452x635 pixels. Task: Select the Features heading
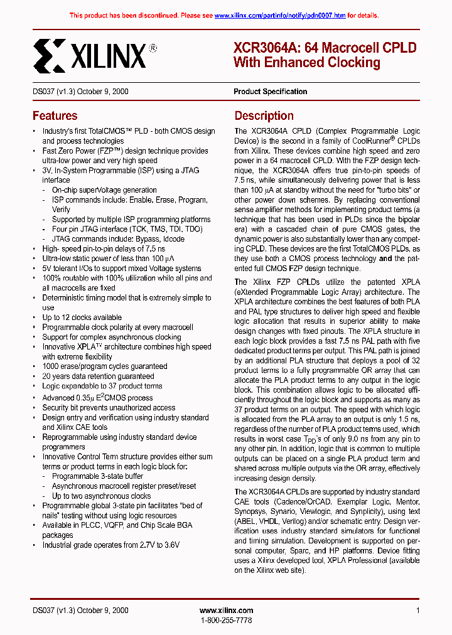55,116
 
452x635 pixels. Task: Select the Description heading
264,116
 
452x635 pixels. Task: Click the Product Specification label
270,92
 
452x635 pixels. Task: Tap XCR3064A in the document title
262,48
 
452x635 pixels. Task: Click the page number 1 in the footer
417,611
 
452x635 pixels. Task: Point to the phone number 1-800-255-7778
226,620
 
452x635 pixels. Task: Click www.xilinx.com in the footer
226,611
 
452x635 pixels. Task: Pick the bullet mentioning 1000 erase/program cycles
104,366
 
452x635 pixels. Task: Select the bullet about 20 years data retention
99,376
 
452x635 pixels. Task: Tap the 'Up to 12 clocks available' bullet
82,317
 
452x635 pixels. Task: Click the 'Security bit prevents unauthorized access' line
109,408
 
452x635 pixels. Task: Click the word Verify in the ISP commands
61,210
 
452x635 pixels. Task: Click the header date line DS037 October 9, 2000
80,92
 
